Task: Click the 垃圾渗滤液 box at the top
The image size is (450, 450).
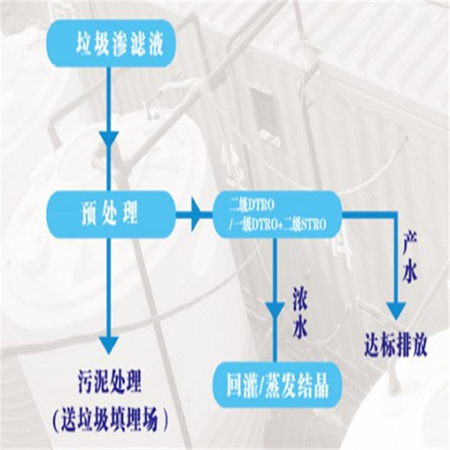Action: [112, 44]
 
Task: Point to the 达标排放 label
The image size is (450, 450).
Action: [395, 347]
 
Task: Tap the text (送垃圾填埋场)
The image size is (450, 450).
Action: [110, 421]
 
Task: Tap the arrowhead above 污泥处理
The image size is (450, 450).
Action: [109, 344]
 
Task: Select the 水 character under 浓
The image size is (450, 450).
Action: [300, 327]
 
